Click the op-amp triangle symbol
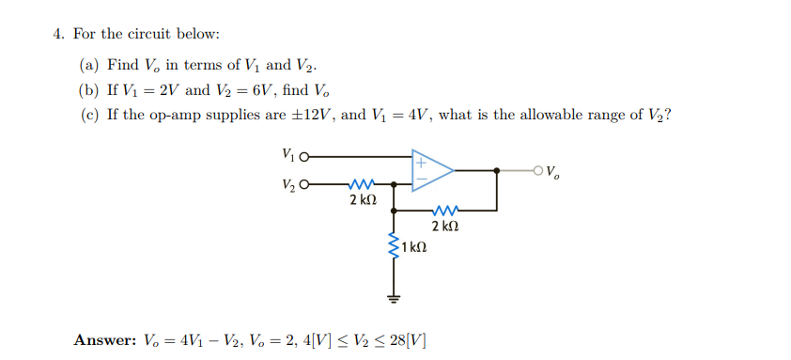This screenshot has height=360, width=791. click(x=430, y=170)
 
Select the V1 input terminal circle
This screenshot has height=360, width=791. click(x=303, y=157)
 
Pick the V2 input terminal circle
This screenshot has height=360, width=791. click(x=303, y=184)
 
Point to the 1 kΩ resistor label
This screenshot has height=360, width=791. click(x=414, y=248)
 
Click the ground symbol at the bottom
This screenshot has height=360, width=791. click(x=395, y=299)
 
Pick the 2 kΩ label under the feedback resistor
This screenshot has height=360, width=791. click(x=445, y=227)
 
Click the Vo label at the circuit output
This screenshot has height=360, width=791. click(x=554, y=172)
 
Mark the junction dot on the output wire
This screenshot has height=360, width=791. click(x=497, y=170)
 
